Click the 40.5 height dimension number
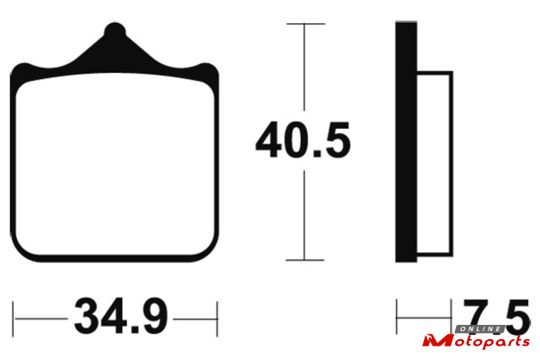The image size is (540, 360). coord(303,140)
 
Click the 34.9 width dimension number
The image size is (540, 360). coord(121,317)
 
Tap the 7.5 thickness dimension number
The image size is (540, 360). coord(496,317)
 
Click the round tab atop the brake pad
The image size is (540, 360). coord(115,30)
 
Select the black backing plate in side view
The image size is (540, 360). coord(406,142)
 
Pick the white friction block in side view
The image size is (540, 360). coord(435,164)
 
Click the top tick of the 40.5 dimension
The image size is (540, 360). coord(306,24)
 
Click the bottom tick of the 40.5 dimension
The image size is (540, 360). coord(305,260)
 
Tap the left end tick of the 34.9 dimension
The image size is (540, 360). coord(13,319)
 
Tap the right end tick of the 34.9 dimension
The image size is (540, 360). coord(217,319)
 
